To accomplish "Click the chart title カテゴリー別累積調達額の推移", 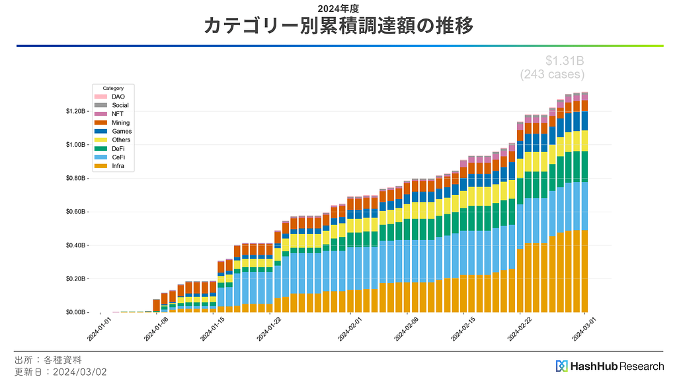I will pyautogui.click(x=338, y=26).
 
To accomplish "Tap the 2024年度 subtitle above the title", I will pyautogui.click(x=338, y=9).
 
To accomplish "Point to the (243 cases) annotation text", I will pyautogui.click(x=552, y=75).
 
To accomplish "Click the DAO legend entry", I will pyautogui.click(x=118, y=97).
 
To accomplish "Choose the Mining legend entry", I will pyautogui.click(x=121, y=122).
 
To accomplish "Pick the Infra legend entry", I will pyautogui.click(x=118, y=166).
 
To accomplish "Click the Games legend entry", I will pyautogui.click(x=122, y=131).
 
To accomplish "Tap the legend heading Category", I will pyautogui.click(x=113, y=88).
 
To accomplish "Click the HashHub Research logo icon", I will pyautogui.click(x=562, y=366).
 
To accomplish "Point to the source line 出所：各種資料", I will pyautogui.click(x=48, y=360).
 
